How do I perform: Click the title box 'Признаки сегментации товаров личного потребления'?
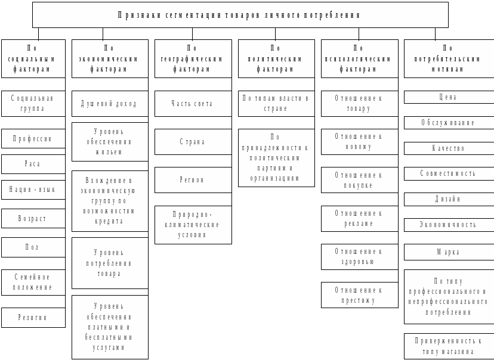pyautogui.click(x=240, y=15)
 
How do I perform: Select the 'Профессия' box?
pyautogui.click(x=33, y=139)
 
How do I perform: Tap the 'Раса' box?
pyautogui.click(x=33, y=164)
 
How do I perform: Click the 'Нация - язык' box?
pyautogui.click(x=33, y=190)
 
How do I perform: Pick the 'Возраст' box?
pyautogui.click(x=33, y=218)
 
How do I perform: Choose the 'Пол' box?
pyautogui.click(x=33, y=247)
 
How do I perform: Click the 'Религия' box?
pyautogui.click(x=33, y=318)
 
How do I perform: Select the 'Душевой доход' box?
pyautogui.click(x=109, y=104)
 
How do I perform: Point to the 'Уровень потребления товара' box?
pyautogui.click(x=109, y=263)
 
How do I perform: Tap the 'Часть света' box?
pyautogui.click(x=193, y=104)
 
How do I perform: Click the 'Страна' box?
pyautogui.click(x=193, y=142)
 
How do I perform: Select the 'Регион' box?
pyautogui.click(x=193, y=179)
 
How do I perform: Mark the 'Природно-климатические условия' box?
pyautogui.click(x=193, y=225)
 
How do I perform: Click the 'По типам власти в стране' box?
pyautogui.click(x=276, y=104)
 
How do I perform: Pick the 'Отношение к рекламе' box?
pyautogui.click(x=359, y=218)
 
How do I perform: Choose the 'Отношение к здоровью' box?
pyautogui.click(x=359, y=256)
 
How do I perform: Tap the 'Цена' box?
pyautogui.click(x=448, y=97)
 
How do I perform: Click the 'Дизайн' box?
pyautogui.click(x=448, y=199)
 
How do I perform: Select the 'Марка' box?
pyautogui.click(x=448, y=252)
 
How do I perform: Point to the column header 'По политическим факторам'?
pyautogui.click(x=276, y=58)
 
